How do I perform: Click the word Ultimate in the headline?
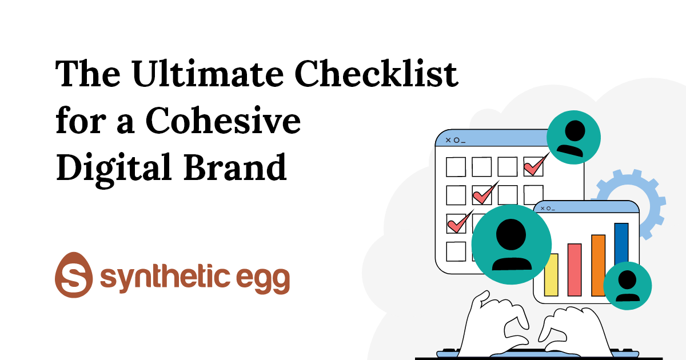click(x=208, y=74)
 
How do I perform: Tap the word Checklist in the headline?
click(x=376, y=74)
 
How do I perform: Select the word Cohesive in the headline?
click(x=224, y=121)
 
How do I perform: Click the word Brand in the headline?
click(x=235, y=167)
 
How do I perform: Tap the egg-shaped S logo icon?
click(x=74, y=275)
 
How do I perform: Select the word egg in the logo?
click(x=263, y=280)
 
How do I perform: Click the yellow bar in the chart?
click(x=551, y=275)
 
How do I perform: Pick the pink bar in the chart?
click(x=575, y=270)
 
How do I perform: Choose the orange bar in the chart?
click(x=599, y=265)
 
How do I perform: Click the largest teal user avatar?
click(x=512, y=245)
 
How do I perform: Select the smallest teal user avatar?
click(x=628, y=286)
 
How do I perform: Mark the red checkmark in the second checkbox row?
click(x=485, y=194)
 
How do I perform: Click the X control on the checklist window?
click(x=448, y=140)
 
